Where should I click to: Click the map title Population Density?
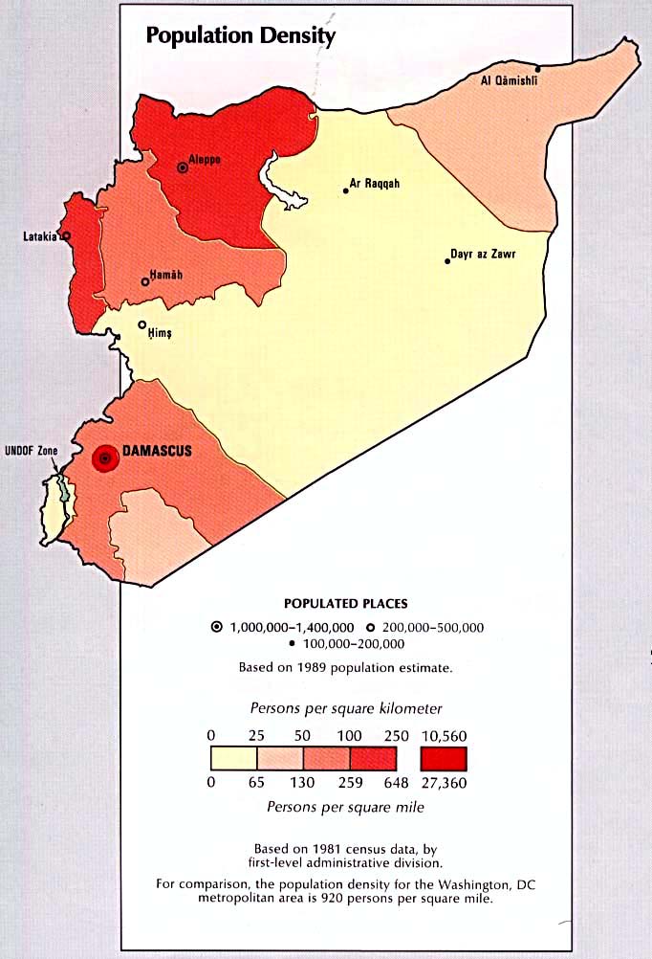tap(240, 36)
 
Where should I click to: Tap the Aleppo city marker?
tap(183, 167)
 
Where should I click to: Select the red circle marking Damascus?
tap(106, 459)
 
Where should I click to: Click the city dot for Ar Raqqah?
tap(346, 191)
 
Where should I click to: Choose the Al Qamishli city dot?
tap(538, 69)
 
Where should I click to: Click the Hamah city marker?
tap(145, 281)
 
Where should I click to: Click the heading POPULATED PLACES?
tap(346, 604)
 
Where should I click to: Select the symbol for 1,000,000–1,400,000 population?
tap(217, 627)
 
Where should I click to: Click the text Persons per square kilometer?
tap(346, 709)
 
